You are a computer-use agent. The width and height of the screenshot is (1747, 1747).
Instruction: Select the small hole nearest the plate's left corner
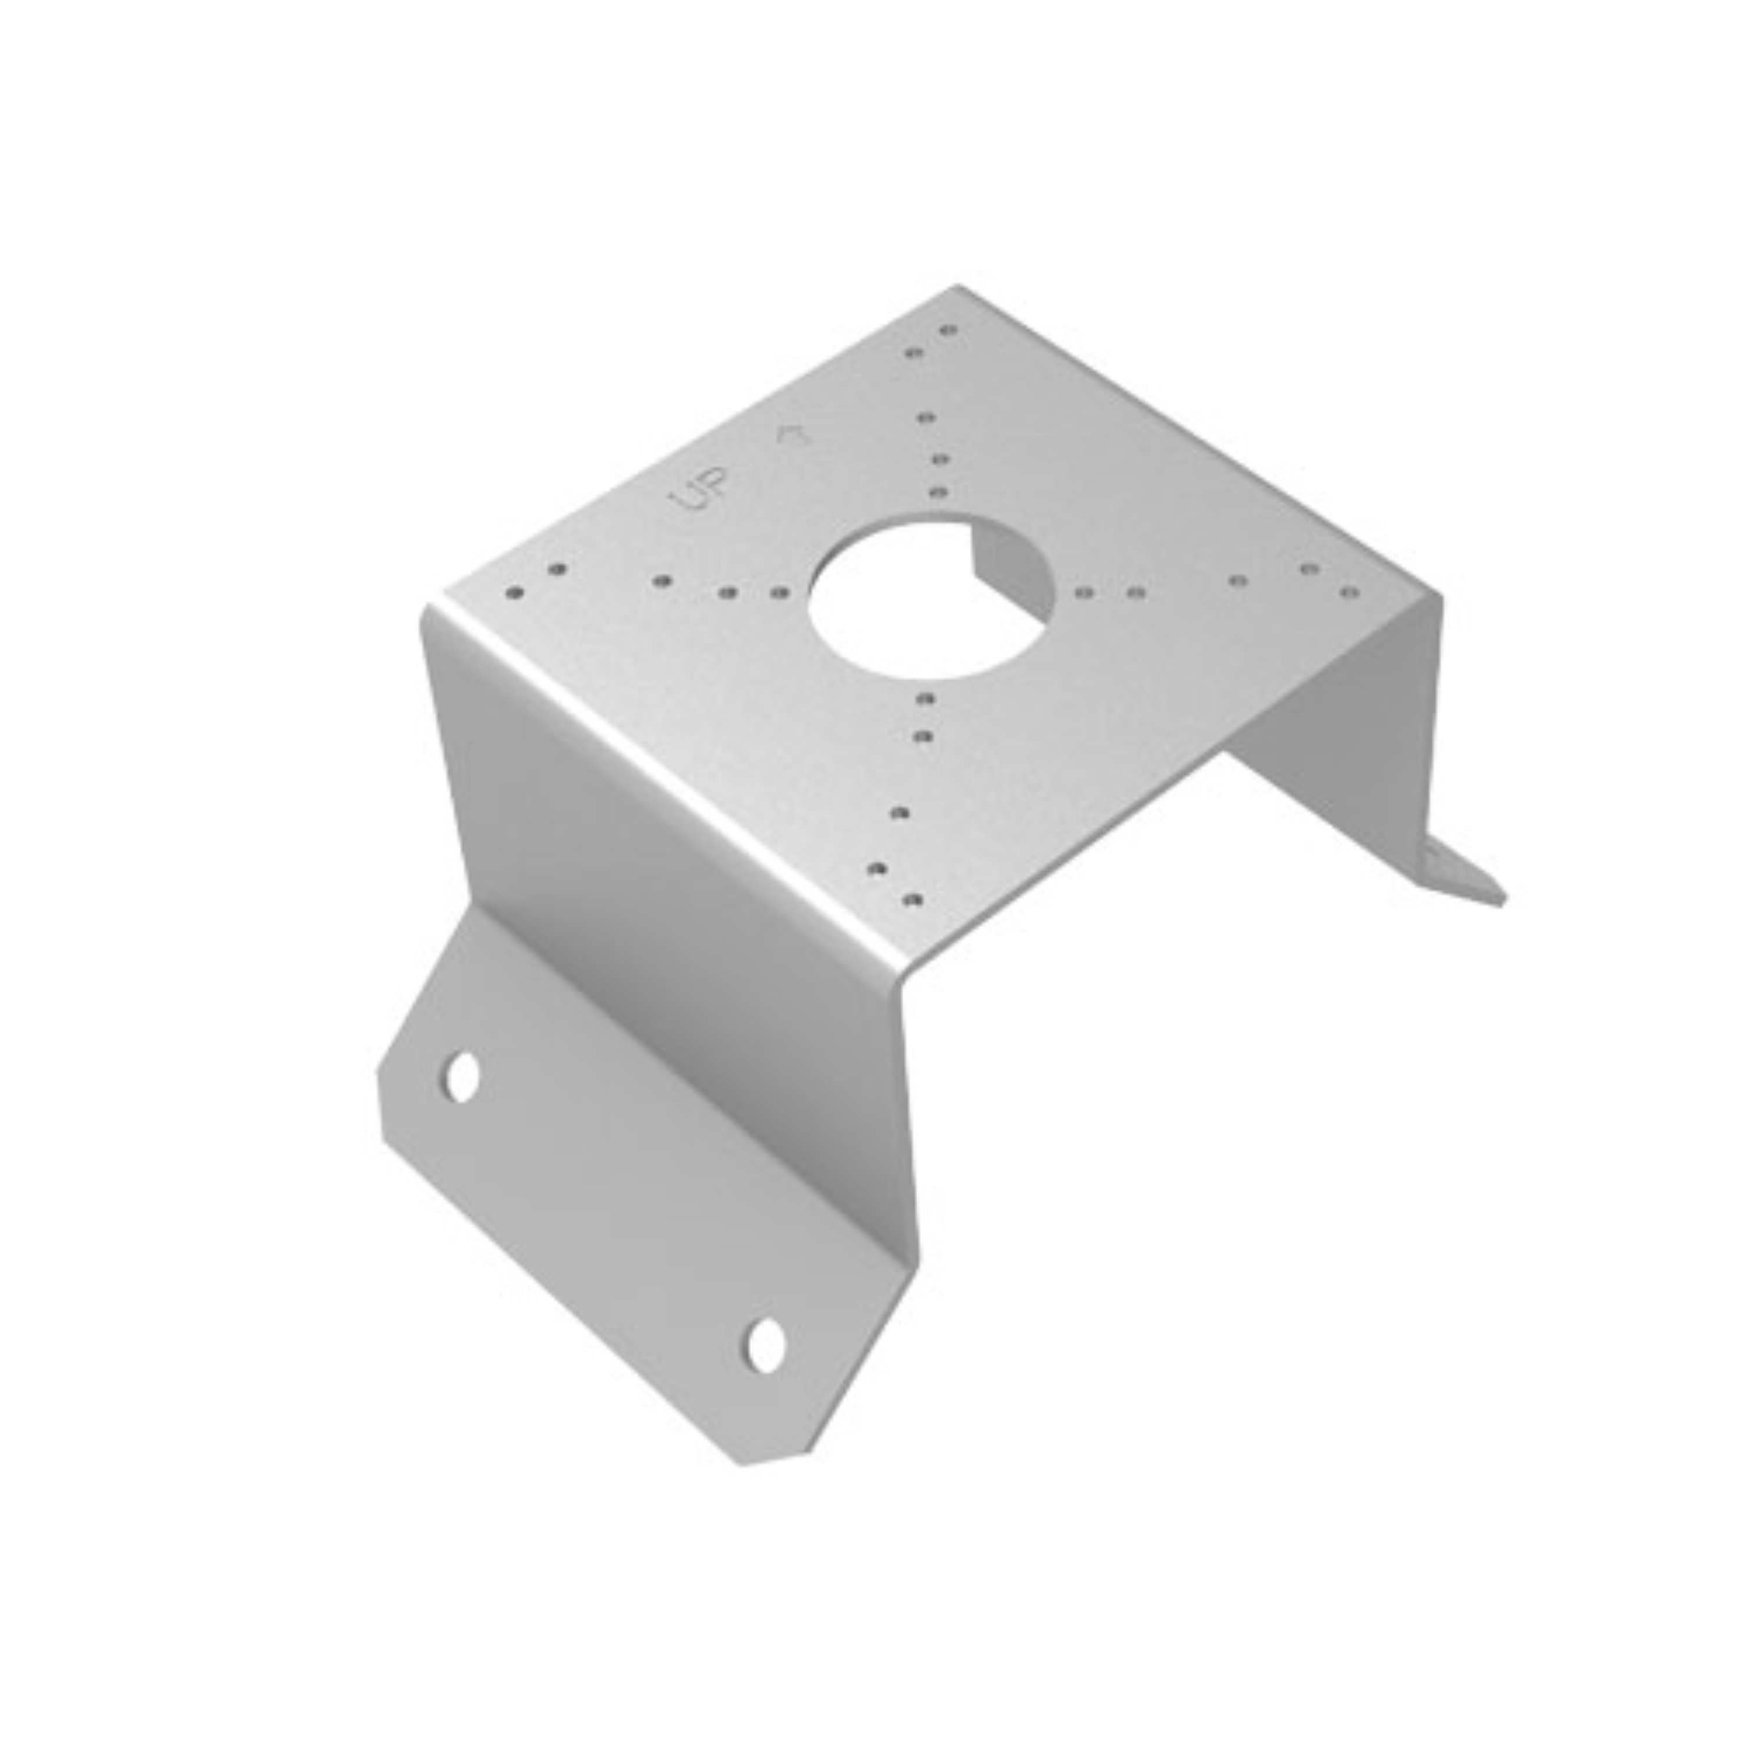(515, 594)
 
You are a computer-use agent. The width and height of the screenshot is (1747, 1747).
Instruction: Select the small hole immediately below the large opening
(924, 698)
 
